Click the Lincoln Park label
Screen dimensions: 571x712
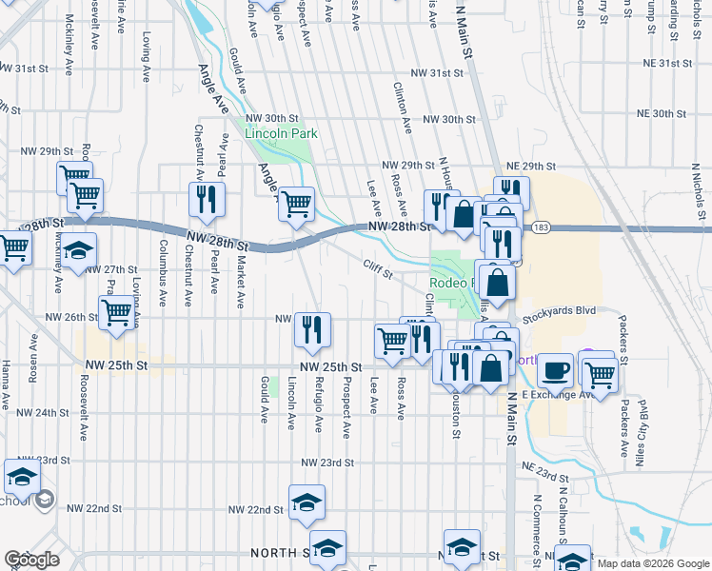point(281,134)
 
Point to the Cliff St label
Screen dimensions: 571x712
point(378,269)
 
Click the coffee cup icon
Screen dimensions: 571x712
point(555,370)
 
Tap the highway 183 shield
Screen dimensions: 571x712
point(542,227)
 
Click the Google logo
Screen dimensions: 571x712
point(31,560)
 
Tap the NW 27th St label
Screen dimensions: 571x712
point(111,269)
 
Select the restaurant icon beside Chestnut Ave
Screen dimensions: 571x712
point(206,200)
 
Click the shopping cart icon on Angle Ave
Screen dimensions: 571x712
point(296,203)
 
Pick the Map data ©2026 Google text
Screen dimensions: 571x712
point(652,562)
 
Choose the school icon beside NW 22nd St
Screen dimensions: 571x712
point(307,504)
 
